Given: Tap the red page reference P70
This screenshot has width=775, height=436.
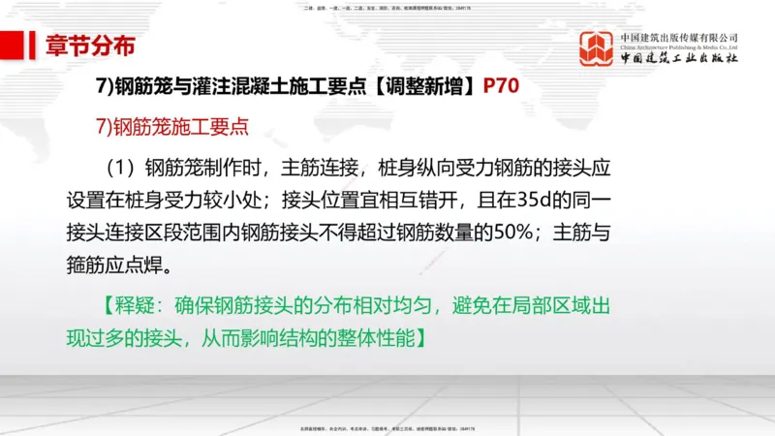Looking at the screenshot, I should click(501, 85).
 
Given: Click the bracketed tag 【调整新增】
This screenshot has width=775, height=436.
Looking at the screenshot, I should click(421, 85).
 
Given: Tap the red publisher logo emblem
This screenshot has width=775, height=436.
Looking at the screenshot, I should click(597, 50).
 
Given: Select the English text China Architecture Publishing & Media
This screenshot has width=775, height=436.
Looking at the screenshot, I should click(679, 47).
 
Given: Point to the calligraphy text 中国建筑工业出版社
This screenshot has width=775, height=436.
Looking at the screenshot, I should click(679, 59).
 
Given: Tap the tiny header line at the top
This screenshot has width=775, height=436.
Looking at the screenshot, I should click(387, 8).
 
